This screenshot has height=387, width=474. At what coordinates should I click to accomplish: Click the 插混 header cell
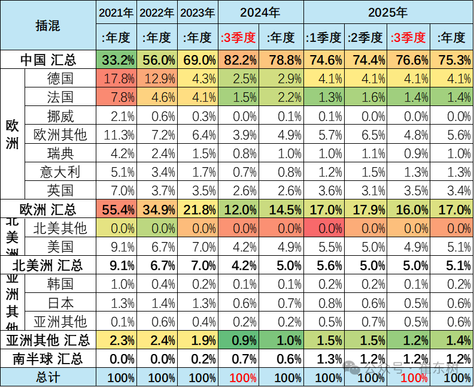click(x=48, y=26)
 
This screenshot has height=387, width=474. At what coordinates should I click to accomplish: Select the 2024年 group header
click(x=260, y=12)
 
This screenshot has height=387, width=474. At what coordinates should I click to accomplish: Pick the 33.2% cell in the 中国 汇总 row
click(x=117, y=61)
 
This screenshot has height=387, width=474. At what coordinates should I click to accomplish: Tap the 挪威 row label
click(x=60, y=116)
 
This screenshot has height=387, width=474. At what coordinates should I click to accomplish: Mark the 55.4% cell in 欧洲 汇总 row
click(x=117, y=210)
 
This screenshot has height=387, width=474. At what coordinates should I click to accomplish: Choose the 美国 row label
click(x=60, y=246)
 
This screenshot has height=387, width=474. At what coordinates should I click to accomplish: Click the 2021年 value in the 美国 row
click(x=117, y=246)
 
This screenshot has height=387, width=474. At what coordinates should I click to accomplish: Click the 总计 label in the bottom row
click(x=48, y=378)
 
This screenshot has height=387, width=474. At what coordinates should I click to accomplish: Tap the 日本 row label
click(x=60, y=303)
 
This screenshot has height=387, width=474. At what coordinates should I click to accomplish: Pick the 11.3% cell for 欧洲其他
click(x=117, y=135)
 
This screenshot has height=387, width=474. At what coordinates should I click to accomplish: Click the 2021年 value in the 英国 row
click(x=117, y=191)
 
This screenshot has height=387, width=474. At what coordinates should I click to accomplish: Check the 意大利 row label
click(x=60, y=172)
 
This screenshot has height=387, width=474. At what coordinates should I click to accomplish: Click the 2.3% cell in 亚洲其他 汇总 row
click(x=117, y=340)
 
